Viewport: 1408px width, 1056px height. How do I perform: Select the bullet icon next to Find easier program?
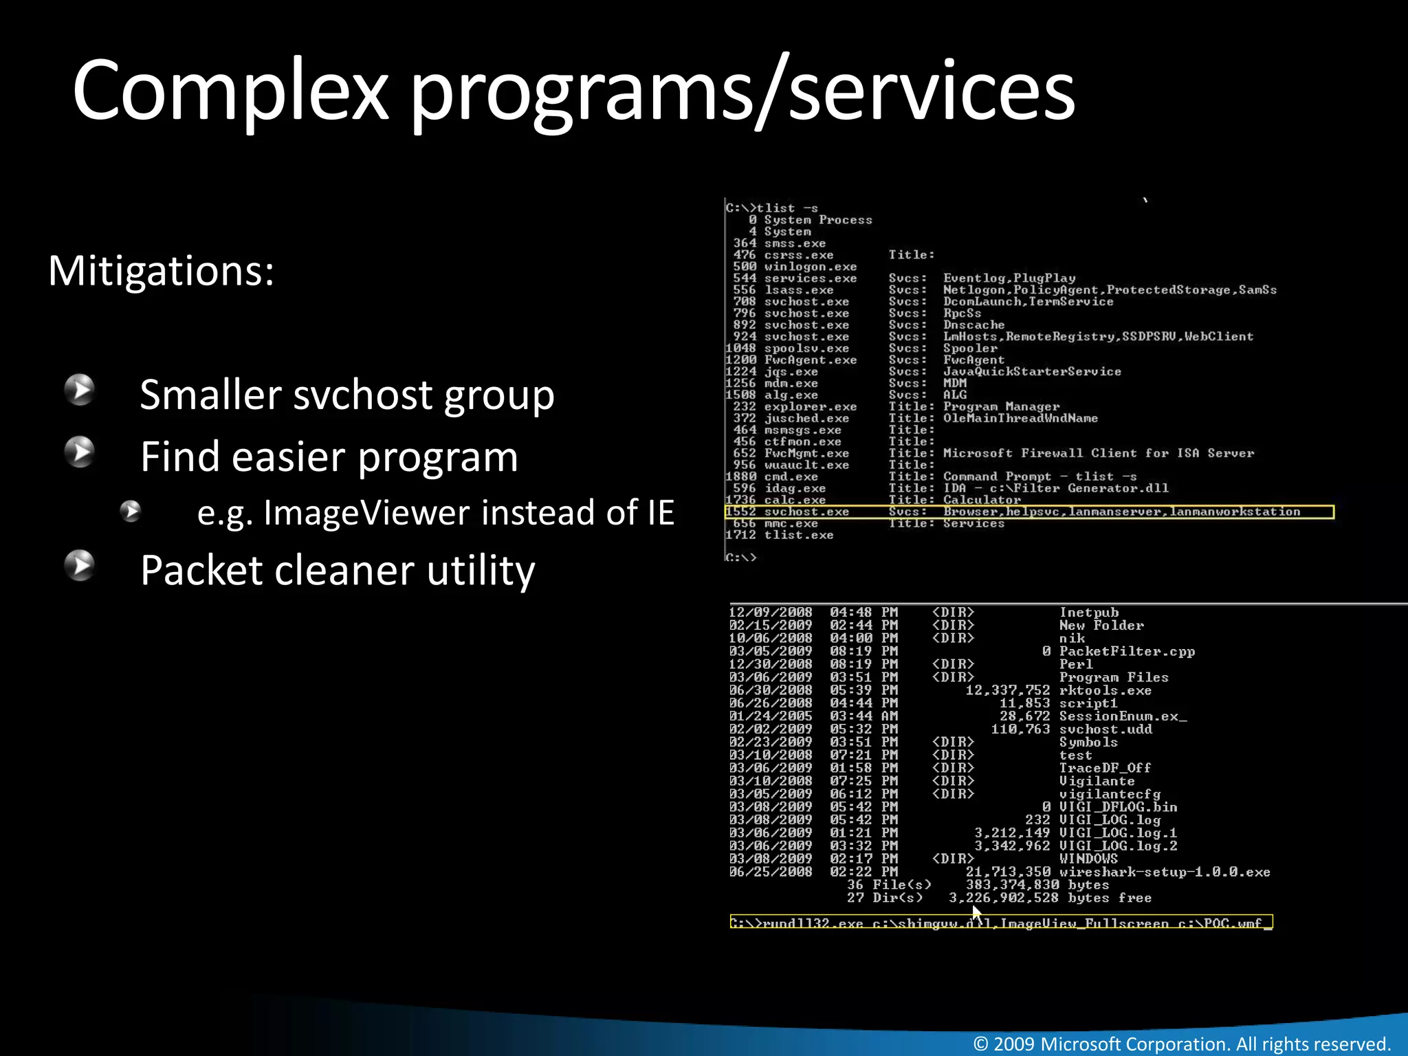pyautogui.click(x=80, y=452)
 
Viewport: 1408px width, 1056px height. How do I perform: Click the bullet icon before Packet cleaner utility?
pyautogui.click(x=80, y=565)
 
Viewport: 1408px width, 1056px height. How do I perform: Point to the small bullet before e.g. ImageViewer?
pyautogui.click(x=130, y=511)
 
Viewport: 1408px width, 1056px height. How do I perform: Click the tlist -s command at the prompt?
pyautogui.click(x=787, y=208)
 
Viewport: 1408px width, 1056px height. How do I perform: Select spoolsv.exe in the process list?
pyautogui.click(x=806, y=349)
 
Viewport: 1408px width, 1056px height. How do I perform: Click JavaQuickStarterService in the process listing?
pyautogui.click(x=1032, y=372)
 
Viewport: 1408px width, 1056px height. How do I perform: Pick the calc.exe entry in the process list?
pyautogui.click(x=795, y=500)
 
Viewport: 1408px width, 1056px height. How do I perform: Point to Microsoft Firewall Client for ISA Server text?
pyautogui.click(x=1098, y=453)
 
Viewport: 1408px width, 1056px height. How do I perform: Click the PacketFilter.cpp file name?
pyautogui.click(x=1127, y=651)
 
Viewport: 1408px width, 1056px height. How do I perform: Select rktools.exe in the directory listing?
pyautogui.click(x=1105, y=690)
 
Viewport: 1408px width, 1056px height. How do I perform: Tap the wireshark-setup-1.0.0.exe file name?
pyautogui.click(x=1165, y=872)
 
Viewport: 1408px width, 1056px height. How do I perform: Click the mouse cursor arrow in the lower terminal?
pyautogui.click(x=976, y=913)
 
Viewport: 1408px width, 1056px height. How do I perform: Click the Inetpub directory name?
pyautogui.click(x=1089, y=613)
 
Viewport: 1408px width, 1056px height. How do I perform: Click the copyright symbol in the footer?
pyautogui.click(x=981, y=1044)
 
